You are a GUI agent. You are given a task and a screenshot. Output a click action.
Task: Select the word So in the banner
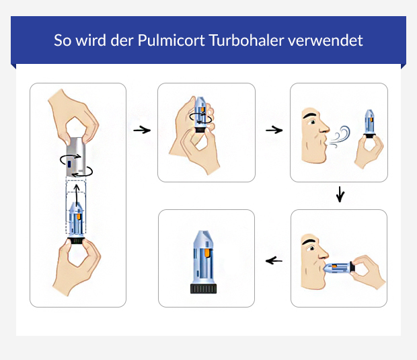(62, 40)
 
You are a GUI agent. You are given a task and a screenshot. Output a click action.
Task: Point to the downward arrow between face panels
(340, 195)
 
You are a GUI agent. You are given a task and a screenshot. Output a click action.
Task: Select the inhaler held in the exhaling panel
(370, 124)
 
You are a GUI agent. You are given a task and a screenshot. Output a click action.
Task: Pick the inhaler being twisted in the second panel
(200, 117)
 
